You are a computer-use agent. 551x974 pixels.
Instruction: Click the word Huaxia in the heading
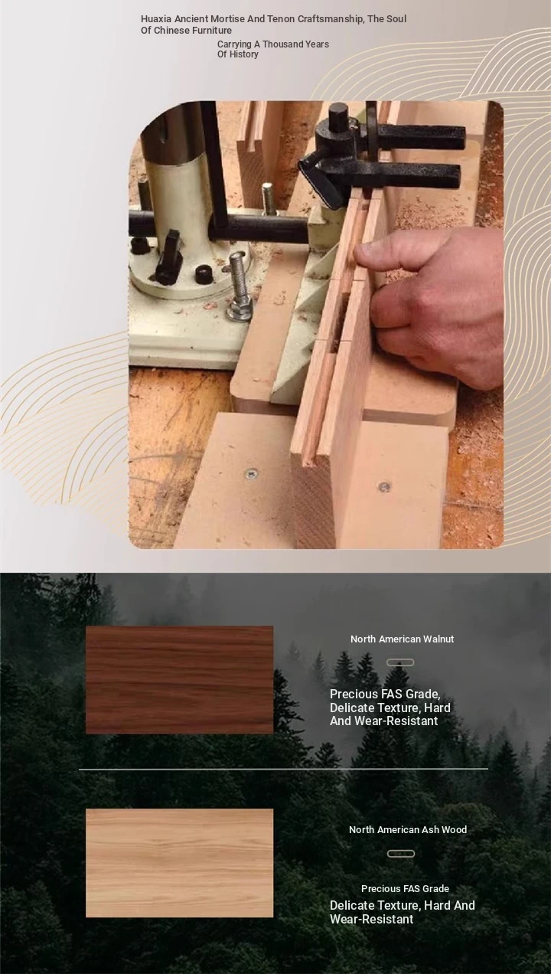pyautogui.click(x=156, y=19)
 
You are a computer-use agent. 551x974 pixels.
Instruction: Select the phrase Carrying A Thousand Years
pyautogui.click(x=273, y=44)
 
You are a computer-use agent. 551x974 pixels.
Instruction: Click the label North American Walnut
pyautogui.click(x=402, y=639)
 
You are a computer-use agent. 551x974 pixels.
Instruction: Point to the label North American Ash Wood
pyautogui.click(x=408, y=829)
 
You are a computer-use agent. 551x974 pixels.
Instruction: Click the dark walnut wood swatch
pyautogui.click(x=180, y=680)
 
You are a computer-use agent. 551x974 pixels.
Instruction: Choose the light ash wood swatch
pyautogui.click(x=180, y=863)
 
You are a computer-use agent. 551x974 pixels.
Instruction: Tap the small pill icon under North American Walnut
pyautogui.click(x=400, y=662)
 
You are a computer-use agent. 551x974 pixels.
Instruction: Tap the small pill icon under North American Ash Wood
pyautogui.click(x=401, y=854)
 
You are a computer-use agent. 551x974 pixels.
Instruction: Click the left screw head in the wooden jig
pyautogui.click(x=251, y=473)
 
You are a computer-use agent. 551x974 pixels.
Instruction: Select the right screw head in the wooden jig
pyautogui.click(x=384, y=486)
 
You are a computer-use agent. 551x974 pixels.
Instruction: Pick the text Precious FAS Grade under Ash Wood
pyautogui.click(x=405, y=889)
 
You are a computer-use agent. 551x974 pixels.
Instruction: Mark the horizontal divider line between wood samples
pyautogui.click(x=283, y=769)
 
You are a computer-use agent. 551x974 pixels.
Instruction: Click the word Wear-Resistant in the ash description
pyautogui.click(x=371, y=919)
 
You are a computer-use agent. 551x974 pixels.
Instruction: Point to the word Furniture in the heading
pyautogui.click(x=210, y=31)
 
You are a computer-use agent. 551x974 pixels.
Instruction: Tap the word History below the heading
pyautogui.click(x=244, y=54)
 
